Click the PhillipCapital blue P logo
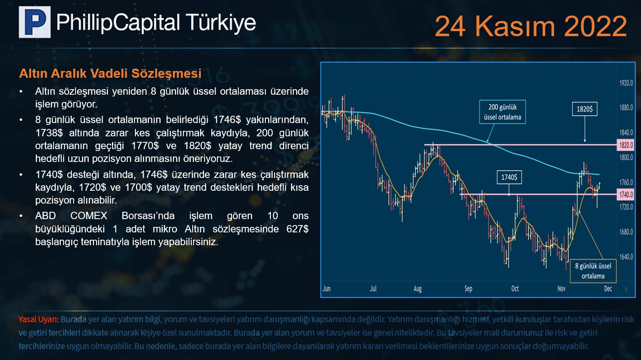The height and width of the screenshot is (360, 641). tap(35, 22)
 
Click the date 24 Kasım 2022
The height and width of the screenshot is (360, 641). tap(531, 26)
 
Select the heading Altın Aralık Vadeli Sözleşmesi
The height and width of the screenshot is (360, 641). tap(110, 74)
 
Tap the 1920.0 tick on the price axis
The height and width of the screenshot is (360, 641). tap(626, 83)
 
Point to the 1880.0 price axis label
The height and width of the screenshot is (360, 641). tap(626, 108)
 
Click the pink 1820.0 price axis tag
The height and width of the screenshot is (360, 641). tap(626, 145)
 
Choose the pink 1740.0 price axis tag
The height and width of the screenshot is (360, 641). tap(626, 194)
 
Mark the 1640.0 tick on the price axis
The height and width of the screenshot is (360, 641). tap(626, 257)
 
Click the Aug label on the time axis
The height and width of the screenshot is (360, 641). tap(418, 289)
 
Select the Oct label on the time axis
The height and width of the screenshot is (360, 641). tap(515, 289)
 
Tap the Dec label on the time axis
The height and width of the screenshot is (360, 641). tap(608, 289)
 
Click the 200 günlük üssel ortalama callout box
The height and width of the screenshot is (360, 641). tap(502, 112)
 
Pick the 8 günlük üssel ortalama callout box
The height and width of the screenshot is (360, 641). tap(593, 271)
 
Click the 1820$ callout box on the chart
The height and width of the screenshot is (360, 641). tap(585, 109)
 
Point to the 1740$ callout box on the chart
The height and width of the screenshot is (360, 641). tap(509, 177)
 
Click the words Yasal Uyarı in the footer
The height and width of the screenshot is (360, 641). tap(38, 319)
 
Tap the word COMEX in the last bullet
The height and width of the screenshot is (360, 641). tap(89, 216)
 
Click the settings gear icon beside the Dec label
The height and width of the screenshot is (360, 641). tap(626, 289)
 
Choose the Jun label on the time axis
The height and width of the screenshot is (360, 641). tap(327, 289)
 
